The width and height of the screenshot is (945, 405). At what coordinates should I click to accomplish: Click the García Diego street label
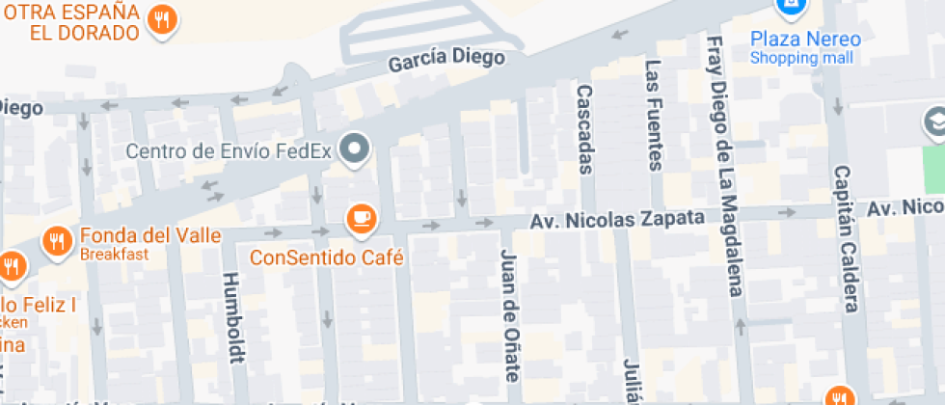pos(446,60)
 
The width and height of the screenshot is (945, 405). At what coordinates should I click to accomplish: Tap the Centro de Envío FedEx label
pos(229,150)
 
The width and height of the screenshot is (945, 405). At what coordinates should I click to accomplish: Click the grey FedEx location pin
pos(358,149)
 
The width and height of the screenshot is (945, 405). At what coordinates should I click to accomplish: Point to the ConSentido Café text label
pos(326,258)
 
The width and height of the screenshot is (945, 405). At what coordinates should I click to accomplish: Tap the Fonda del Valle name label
pos(150,235)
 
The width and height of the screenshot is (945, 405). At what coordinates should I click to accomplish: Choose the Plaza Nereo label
pos(805,40)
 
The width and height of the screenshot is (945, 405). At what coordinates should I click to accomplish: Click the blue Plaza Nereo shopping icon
pos(790,8)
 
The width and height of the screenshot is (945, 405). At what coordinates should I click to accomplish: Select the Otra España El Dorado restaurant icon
pos(162,21)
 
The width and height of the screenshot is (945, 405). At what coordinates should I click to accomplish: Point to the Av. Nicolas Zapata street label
pos(617,220)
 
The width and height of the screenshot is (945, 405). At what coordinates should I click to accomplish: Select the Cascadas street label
pos(583,128)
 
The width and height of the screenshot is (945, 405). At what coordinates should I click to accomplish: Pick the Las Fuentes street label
pos(655,115)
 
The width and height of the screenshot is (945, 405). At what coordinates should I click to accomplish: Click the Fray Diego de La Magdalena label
pos(724,166)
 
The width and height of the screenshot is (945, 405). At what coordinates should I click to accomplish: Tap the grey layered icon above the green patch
pos(933,122)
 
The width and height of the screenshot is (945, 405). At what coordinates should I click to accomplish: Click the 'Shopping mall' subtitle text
pos(802,58)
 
